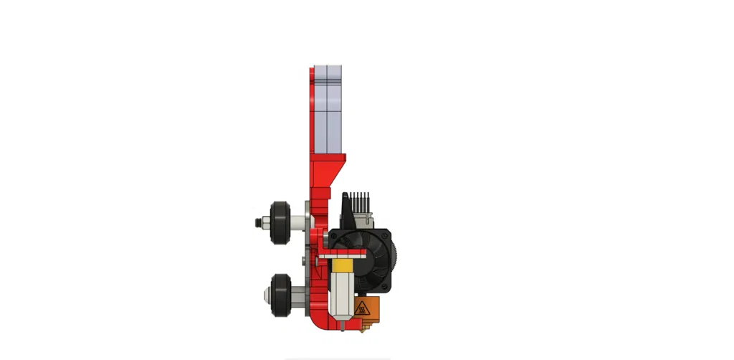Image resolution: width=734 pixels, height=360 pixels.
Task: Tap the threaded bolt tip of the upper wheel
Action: pos(256,222)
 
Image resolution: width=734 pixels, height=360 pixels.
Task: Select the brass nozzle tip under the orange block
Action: pos(367,326)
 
